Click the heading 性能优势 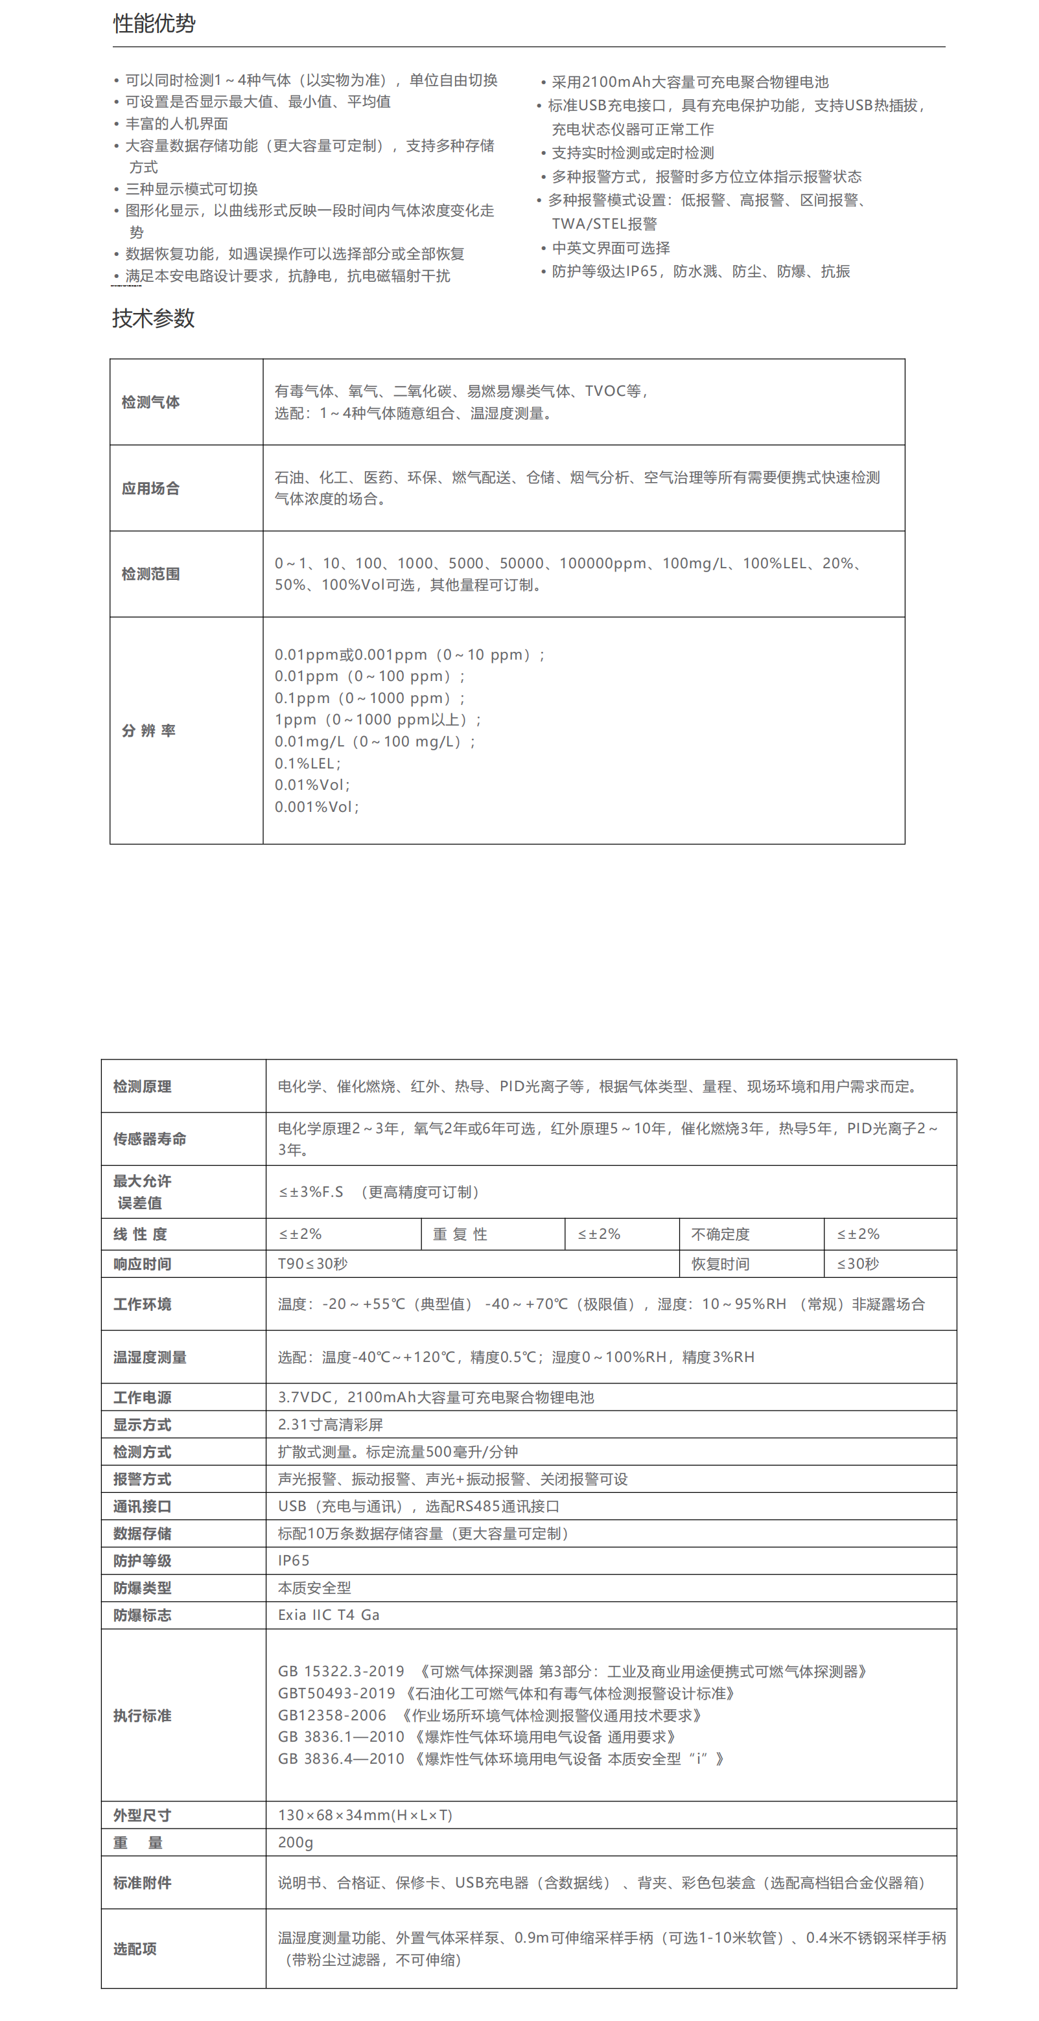pos(154,23)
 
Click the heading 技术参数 pos(153,319)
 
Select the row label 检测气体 pos(150,402)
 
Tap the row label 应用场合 pos(150,489)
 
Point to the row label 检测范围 pos(150,574)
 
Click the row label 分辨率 pos(148,731)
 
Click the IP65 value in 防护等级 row pos(294,1560)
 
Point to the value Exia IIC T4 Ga pos(328,1615)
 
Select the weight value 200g pos(295,1842)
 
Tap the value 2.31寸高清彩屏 pos(330,1424)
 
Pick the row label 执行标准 pos(142,1716)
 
